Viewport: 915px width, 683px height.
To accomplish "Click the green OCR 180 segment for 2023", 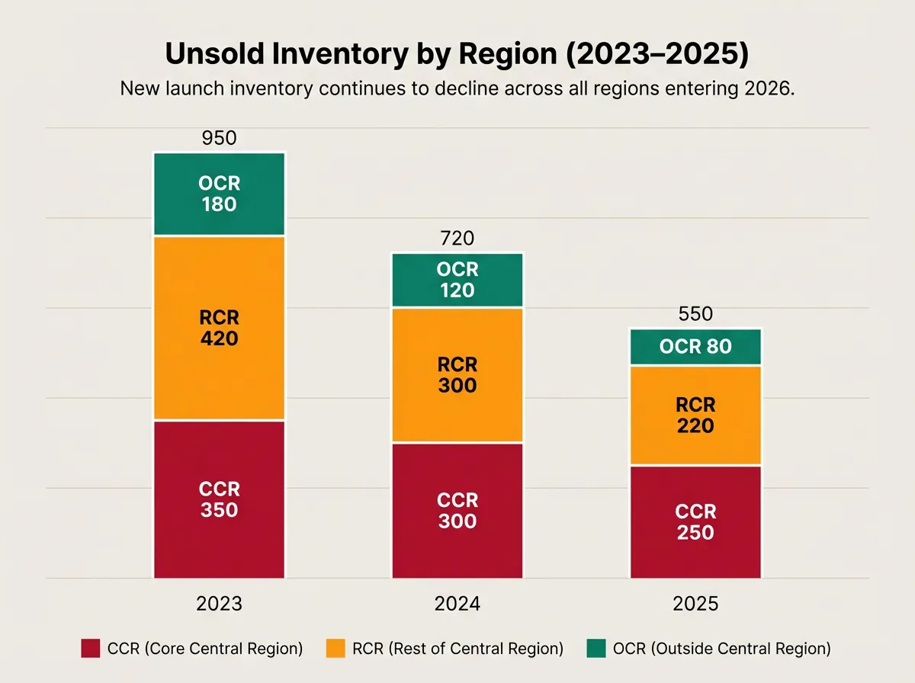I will (x=219, y=194).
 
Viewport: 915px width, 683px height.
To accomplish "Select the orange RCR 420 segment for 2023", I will (x=219, y=328).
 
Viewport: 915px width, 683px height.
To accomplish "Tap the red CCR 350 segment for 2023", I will (x=219, y=499).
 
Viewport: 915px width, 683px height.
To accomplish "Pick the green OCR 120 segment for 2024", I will (x=457, y=280).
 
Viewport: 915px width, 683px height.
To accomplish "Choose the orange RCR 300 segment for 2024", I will (x=457, y=375).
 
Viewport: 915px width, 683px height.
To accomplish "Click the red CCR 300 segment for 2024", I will (x=457, y=511).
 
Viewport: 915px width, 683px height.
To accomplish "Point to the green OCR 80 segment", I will (x=695, y=347).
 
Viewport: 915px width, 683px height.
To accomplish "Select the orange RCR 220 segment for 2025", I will (x=695, y=415).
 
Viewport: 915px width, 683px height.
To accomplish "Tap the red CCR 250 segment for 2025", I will (x=695, y=521).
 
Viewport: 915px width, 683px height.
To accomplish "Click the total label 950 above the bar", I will (x=219, y=138).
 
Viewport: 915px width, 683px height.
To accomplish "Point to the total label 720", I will (x=457, y=239).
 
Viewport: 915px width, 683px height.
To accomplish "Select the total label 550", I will (x=695, y=314).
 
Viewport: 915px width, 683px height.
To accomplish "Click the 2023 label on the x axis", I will (x=219, y=604).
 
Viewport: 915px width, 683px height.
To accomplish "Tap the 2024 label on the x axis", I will (x=457, y=604).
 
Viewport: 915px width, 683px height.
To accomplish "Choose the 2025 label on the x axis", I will (x=695, y=604).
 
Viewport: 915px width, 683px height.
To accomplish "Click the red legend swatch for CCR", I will (x=90, y=649).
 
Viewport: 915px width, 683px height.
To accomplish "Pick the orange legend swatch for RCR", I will (x=335, y=649).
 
